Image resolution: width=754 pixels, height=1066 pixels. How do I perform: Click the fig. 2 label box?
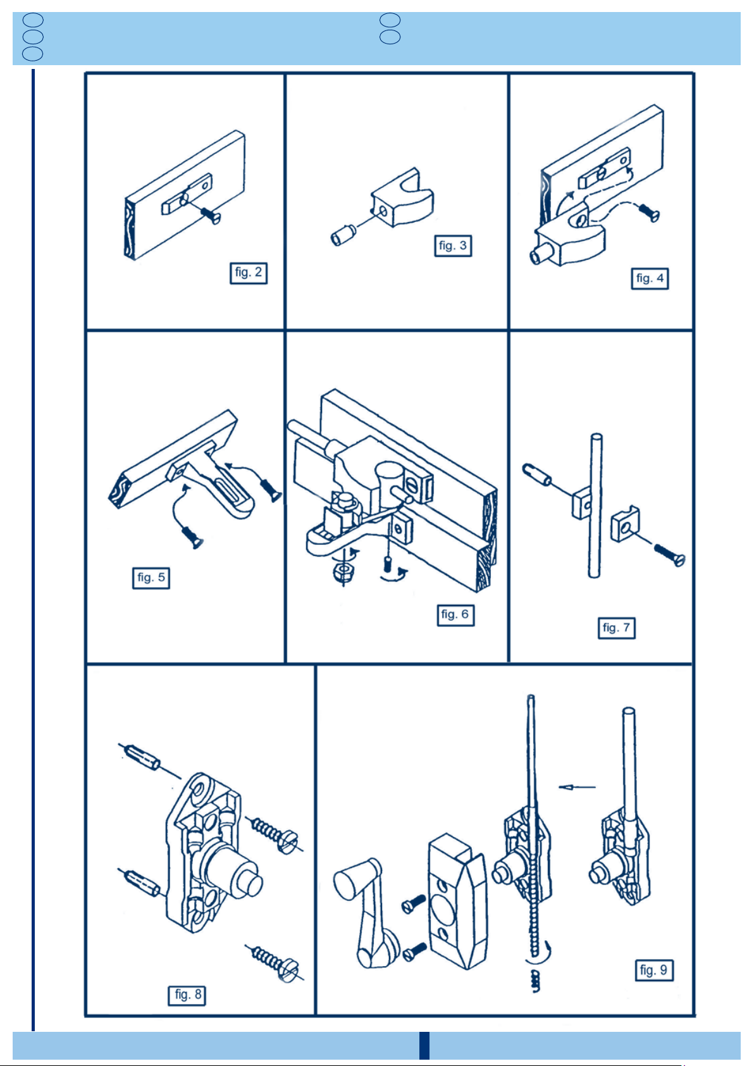click(249, 273)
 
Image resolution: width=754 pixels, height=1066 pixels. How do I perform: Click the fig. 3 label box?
click(453, 246)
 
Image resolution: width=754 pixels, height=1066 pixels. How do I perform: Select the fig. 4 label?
click(650, 278)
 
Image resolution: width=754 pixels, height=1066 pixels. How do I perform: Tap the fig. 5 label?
click(151, 578)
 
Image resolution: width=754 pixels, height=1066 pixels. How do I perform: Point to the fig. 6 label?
click(455, 615)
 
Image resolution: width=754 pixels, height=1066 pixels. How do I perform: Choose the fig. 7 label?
click(616, 628)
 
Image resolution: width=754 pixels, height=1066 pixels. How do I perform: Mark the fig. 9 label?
click(654, 970)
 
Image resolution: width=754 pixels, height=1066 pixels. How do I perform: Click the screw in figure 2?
click(210, 216)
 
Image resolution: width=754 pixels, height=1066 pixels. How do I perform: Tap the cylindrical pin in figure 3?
click(343, 235)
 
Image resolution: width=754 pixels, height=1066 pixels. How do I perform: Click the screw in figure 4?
click(649, 213)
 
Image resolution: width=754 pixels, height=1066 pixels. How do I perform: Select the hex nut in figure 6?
click(343, 571)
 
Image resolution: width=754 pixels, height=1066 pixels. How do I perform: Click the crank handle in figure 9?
click(366, 913)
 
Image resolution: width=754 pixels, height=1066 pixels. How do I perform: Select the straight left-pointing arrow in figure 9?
click(576, 787)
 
